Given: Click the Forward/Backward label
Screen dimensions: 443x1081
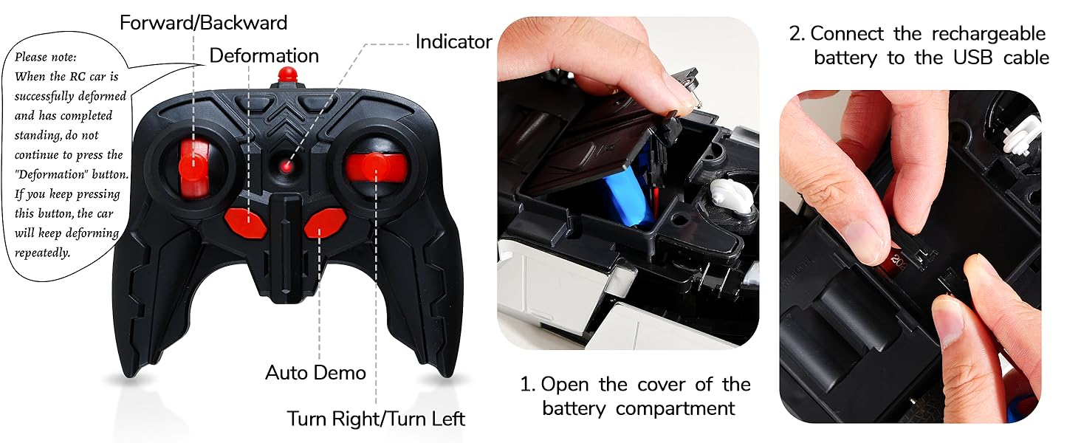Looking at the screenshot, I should tap(203, 23).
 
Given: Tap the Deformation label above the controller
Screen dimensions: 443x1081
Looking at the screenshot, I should tap(264, 55).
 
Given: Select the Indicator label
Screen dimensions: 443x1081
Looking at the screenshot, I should tap(453, 41).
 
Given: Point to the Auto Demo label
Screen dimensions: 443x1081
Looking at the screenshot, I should tap(315, 372).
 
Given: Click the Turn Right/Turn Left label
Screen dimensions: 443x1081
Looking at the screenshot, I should tap(376, 419).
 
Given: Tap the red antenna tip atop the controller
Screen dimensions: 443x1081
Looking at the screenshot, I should tap(286, 74).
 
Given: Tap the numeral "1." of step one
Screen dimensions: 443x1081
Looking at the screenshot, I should tap(527, 385).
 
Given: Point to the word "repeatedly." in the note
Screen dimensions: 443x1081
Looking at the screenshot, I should tap(43, 253).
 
